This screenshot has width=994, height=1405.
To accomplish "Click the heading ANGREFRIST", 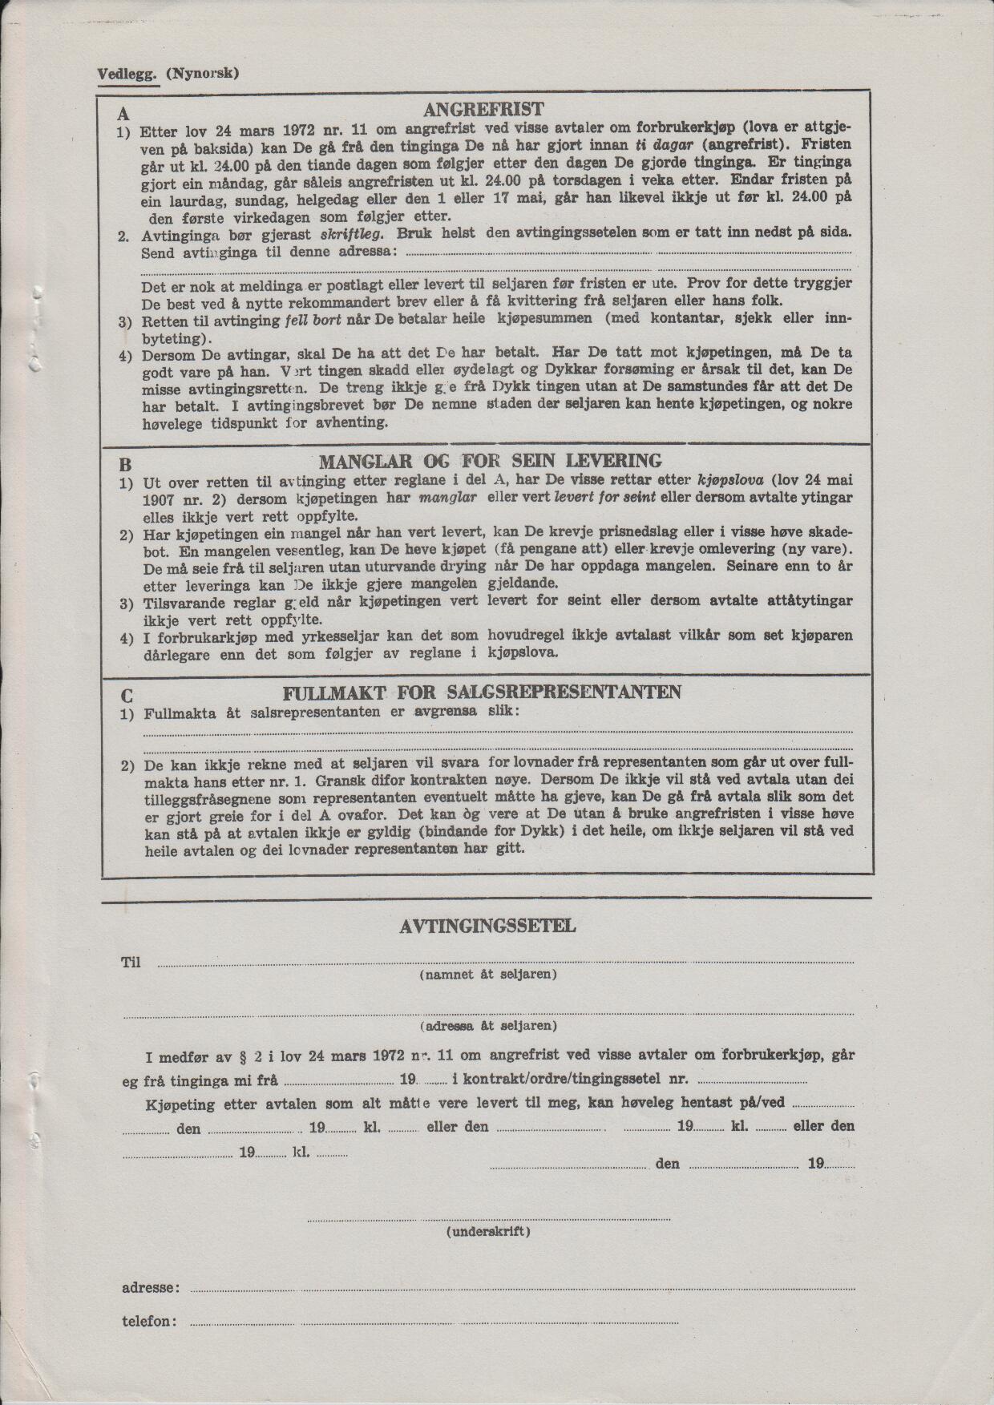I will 483,110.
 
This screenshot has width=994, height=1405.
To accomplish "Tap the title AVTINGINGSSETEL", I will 487,927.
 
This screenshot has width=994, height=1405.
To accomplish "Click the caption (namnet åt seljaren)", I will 488,975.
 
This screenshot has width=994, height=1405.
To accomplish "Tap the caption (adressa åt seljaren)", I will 488,1025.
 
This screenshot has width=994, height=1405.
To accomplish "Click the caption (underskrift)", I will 488,1231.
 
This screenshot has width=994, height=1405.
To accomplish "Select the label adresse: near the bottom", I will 150,1288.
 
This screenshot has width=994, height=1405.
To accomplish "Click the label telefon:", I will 149,1321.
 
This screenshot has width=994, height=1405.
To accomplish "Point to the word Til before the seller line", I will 131,962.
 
